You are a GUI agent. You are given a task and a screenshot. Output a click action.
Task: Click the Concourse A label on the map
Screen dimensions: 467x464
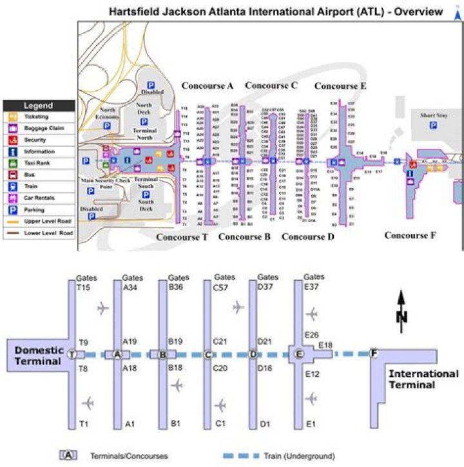click(207, 86)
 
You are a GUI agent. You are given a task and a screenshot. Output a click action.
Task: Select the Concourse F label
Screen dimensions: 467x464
click(406, 235)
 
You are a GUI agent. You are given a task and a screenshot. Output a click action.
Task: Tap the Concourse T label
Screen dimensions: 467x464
click(182, 237)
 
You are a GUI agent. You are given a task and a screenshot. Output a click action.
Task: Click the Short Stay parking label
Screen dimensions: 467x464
click(433, 115)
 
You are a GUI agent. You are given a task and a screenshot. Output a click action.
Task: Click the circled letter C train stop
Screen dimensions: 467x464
click(208, 354)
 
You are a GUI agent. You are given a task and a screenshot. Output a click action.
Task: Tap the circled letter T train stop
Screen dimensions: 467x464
click(72, 354)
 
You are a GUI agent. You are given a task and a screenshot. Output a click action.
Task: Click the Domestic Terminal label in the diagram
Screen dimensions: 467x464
click(39, 356)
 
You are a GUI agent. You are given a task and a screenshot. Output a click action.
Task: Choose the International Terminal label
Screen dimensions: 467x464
click(423, 379)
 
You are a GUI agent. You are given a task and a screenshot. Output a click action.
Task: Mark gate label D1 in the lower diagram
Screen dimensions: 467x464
click(264, 424)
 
